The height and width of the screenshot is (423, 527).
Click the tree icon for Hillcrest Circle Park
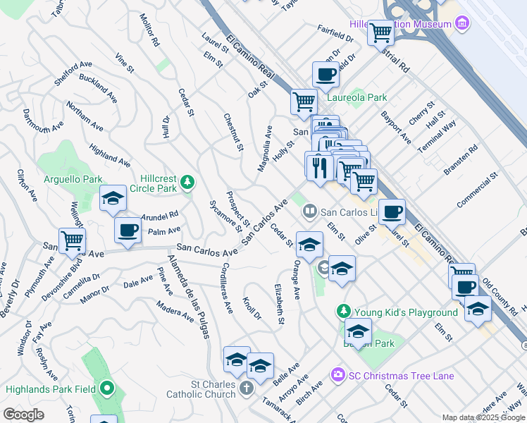tap(187, 183)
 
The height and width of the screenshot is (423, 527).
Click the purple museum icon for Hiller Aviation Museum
tap(462, 25)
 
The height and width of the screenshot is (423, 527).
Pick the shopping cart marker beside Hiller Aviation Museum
tap(380, 32)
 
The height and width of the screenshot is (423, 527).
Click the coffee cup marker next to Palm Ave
tap(128, 230)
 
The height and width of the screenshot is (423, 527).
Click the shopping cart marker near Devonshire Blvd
tap(72, 240)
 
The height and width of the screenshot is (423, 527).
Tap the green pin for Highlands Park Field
tap(107, 388)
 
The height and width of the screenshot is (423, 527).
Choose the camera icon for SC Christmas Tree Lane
tap(338, 376)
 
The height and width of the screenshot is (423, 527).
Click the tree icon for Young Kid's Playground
tap(343, 312)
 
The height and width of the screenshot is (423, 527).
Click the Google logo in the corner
tap(24, 415)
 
